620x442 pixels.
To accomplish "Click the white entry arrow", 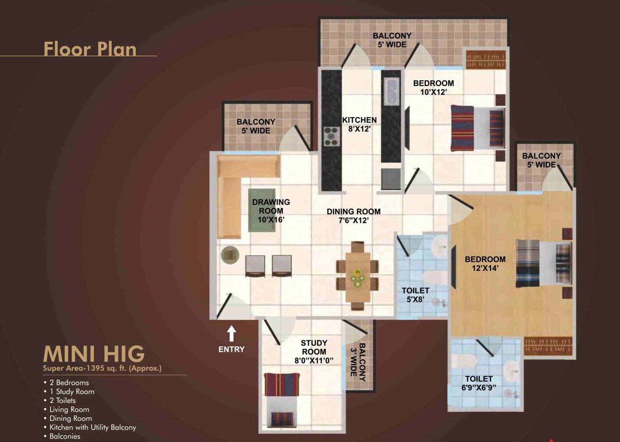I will coord(231,334).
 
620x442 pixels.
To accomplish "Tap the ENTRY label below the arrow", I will coord(231,349).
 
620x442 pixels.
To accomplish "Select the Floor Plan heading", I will coord(90,49).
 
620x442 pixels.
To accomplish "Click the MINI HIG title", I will coord(94,354).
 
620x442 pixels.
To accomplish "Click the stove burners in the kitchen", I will coord(332,136).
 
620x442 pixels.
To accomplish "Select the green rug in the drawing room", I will coord(262,210).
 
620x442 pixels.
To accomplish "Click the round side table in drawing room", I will coord(230,255).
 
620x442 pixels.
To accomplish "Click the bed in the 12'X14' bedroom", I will coord(543,263).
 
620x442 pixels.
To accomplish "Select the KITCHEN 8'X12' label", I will coord(359,124).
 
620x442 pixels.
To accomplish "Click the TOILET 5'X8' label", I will coord(415,295).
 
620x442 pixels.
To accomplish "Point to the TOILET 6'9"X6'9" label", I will coord(479,383).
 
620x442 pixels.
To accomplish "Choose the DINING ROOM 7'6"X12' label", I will coord(354,216).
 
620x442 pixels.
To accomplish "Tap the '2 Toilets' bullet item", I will coord(62,400).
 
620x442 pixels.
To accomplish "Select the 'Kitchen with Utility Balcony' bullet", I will coord(92,427).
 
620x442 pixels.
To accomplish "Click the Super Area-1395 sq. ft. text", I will coord(102,368).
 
